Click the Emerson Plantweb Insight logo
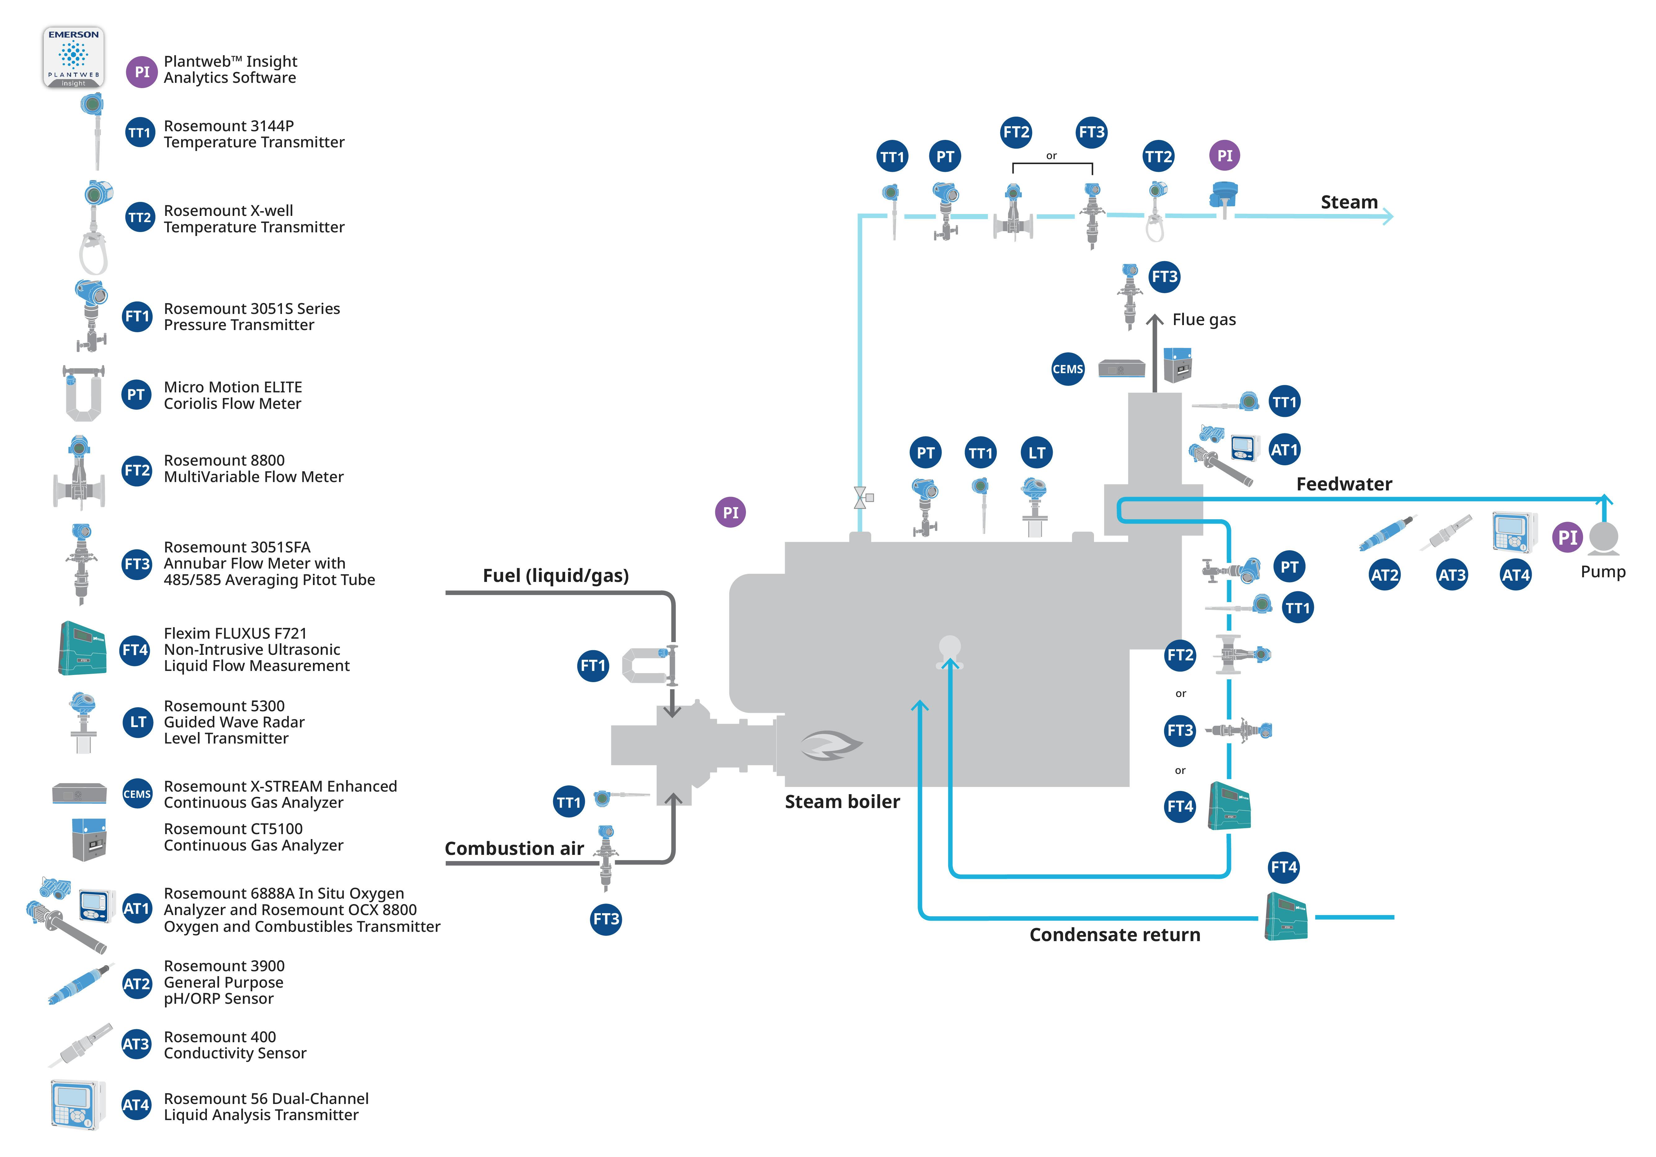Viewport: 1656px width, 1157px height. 74,58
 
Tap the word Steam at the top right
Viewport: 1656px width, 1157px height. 1349,202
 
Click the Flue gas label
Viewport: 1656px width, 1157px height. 1204,319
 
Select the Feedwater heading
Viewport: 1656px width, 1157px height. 1344,484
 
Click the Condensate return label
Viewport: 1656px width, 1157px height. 1114,935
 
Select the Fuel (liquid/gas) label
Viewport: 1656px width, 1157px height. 556,576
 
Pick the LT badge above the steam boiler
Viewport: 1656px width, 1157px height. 1037,453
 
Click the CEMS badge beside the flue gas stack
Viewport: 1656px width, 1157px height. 1068,369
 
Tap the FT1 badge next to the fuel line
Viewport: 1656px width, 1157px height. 593,666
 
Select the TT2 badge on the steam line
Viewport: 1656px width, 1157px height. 1158,157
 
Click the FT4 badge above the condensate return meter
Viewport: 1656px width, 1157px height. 1284,867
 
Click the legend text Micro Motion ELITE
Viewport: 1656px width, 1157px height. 232,387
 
